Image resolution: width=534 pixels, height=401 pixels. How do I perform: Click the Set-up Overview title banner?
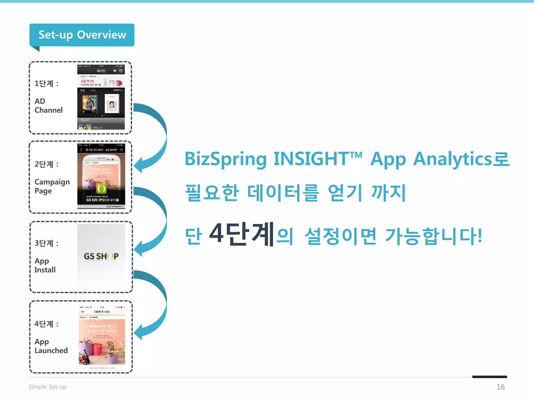click(x=82, y=35)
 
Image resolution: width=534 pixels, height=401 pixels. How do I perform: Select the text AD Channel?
click(x=48, y=105)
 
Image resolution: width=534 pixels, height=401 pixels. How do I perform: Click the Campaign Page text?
click(x=52, y=186)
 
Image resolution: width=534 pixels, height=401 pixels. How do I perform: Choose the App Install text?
click(x=45, y=265)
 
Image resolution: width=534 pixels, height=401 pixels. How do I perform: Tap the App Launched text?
click(x=51, y=346)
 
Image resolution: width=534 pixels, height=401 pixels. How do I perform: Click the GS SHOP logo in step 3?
click(x=101, y=256)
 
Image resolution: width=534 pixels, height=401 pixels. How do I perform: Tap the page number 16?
click(x=500, y=387)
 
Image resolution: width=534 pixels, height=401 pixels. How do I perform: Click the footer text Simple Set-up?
click(x=47, y=387)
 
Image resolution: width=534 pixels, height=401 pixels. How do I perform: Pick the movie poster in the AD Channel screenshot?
click(x=89, y=104)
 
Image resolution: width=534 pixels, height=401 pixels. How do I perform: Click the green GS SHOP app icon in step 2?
click(x=101, y=188)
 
